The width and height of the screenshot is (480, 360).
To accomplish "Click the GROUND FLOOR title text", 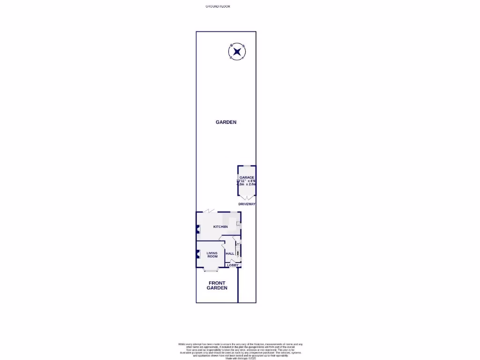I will tap(218, 6).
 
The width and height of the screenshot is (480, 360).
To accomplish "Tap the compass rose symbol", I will tap(237, 52).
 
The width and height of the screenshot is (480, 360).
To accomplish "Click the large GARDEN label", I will tap(226, 122).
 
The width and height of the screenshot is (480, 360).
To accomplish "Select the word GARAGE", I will tap(247, 178).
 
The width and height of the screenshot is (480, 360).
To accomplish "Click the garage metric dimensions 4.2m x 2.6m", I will tap(247, 185).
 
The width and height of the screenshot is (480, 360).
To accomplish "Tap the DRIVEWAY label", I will tap(247, 205).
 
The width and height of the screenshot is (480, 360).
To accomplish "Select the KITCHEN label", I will tap(220, 227).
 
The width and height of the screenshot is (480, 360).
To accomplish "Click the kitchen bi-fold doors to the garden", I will tap(210, 212).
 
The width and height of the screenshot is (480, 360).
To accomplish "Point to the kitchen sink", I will tap(238, 224).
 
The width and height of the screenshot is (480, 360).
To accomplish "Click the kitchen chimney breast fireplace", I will tap(198, 230).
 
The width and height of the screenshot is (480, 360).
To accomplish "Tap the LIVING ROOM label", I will tap(212, 255).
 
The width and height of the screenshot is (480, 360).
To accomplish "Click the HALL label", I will tap(230, 254).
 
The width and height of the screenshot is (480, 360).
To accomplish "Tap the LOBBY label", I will tap(232, 265).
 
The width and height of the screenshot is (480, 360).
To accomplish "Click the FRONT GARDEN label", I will tap(217, 285).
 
